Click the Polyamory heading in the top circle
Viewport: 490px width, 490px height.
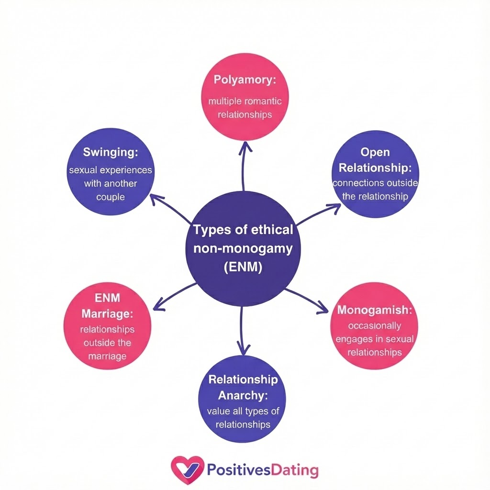tap(245, 80)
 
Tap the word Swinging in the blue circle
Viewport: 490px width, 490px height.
tap(111, 152)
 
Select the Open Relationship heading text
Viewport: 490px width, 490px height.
tap(375, 160)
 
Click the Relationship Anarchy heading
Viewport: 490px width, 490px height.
tap(243, 387)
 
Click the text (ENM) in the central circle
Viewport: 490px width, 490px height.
tap(243, 267)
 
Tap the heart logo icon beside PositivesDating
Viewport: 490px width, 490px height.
tap(187, 470)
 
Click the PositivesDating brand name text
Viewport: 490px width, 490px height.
tap(262, 470)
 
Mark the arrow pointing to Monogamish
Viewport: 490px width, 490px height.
tap(306, 300)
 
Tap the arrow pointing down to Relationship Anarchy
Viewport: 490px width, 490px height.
tap(243, 330)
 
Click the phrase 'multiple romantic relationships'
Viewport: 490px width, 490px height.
tap(245, 108)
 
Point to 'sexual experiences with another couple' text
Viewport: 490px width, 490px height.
tap(111, 183)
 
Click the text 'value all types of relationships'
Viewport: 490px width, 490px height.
tap(243, 418)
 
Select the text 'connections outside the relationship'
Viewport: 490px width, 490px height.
tap(375, 189)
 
